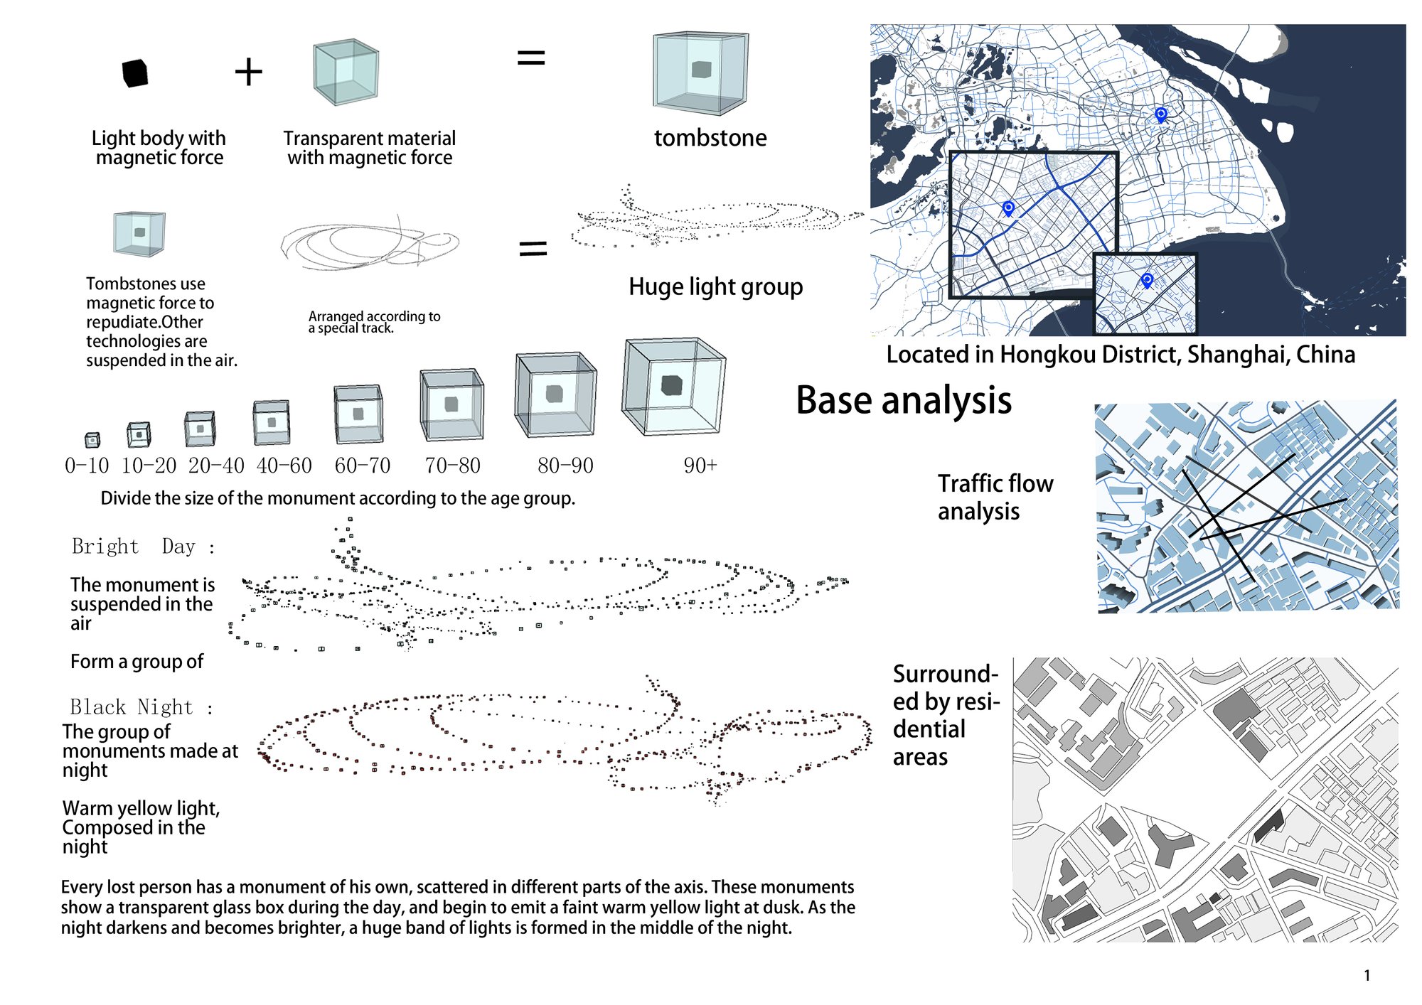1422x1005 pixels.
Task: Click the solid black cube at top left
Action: [135, 73]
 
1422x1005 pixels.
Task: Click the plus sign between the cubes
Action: [249, 72]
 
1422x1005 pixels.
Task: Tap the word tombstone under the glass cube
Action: [710, 137]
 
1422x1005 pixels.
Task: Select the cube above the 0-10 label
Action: [92, 440]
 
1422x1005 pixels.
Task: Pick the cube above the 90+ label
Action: [673, 387]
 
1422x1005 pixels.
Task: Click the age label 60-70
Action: [363, 466]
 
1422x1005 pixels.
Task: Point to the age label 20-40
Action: [216, 466]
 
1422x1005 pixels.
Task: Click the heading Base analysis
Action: [904, 400]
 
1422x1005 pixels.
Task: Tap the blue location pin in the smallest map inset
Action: [1147, 280]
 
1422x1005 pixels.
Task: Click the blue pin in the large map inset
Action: [1008, 208]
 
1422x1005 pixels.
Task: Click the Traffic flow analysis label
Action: [995, 497]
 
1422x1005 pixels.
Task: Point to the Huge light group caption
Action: [716, 286]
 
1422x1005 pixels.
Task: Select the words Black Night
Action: [132, 706]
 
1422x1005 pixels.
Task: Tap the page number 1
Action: [1367, 976]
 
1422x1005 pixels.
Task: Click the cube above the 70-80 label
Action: [451, 404]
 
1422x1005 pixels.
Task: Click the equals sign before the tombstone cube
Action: [531, 58]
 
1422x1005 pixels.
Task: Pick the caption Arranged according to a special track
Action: [375, 322]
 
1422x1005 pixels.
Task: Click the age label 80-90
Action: [565, 466]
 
